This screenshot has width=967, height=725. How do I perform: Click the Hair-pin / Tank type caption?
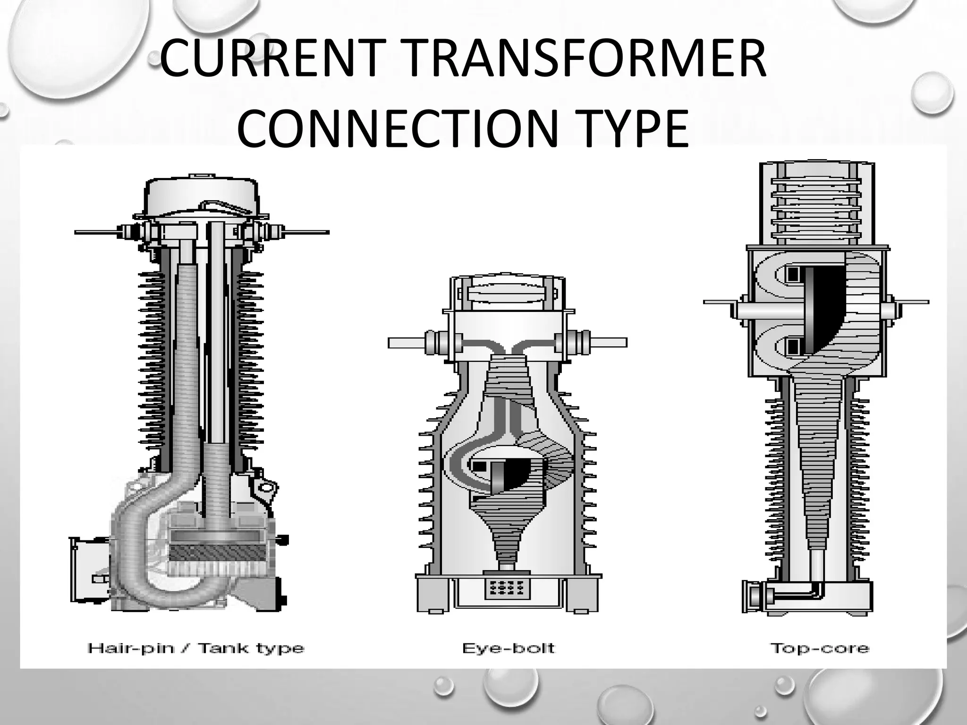[195, 648]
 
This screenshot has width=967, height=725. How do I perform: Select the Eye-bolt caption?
[509, 648]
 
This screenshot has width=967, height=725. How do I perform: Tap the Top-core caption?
[819, 648]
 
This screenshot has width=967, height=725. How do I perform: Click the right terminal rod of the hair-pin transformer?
[307, 232]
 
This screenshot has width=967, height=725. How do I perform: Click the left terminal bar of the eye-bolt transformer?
[406, 343]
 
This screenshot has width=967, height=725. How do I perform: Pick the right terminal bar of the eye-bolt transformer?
[609, 343]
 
